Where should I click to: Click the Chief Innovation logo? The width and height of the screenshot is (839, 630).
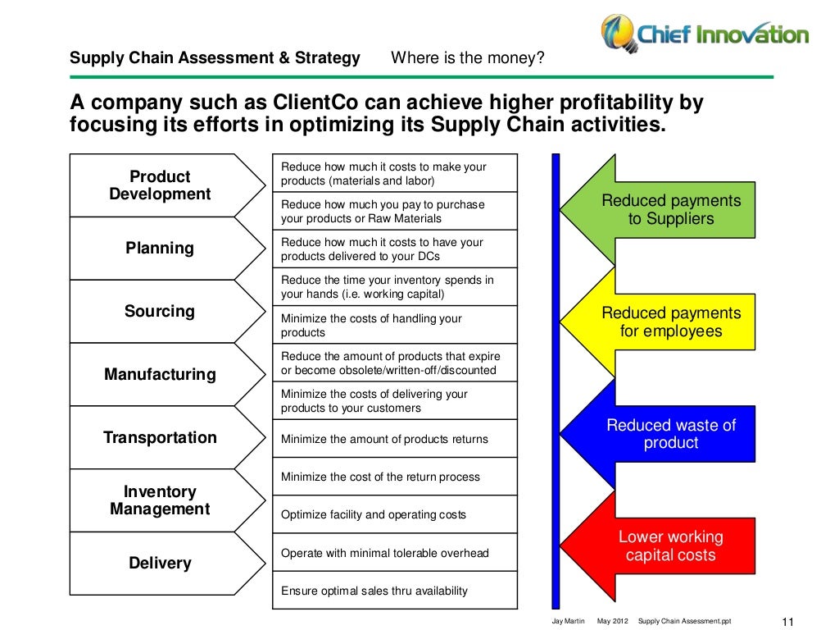704,34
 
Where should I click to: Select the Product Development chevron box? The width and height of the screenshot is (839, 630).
160,185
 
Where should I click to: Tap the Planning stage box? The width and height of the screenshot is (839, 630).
160,248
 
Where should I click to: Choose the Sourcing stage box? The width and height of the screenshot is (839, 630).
160,311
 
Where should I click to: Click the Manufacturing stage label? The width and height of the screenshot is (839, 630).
160,374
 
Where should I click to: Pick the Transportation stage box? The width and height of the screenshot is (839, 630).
160,437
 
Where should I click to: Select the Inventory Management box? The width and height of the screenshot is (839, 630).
160,500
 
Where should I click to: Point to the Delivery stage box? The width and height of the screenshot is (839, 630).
160,563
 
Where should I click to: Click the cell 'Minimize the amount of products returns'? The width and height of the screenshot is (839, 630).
394,439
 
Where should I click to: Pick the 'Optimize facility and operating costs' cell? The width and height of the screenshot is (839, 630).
394,514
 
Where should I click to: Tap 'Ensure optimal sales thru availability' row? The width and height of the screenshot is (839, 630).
394,591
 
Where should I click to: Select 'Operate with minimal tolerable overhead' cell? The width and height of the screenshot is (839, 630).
394,553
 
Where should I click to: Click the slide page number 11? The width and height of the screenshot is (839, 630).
790,621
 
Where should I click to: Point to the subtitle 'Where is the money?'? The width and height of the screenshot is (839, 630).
468,58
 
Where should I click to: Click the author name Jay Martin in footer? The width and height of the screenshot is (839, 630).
569,621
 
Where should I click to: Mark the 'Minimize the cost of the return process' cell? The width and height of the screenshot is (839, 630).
394,477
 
